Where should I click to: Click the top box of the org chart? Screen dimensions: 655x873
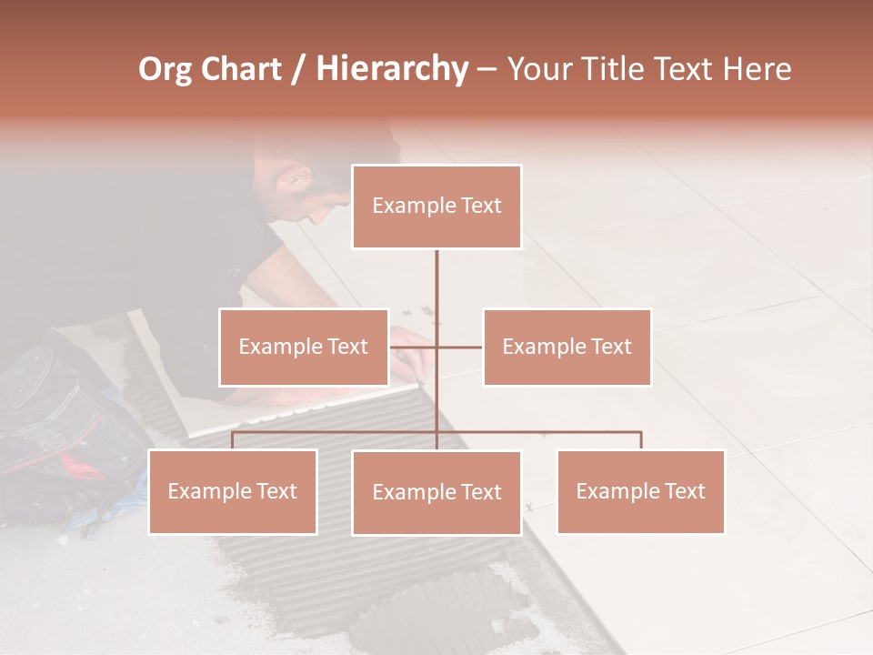pyautogui.click(x=436, y=207)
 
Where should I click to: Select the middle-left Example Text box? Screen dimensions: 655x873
pyautogui.click(x=303, y=347)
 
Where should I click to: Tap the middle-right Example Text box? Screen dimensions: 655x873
pyautogui.click(x=567, y=347)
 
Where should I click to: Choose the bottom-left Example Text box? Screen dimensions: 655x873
pyautogui.click(x=232, y=491)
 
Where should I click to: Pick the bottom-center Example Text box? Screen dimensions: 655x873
pyautogui.click(x=436, y=492)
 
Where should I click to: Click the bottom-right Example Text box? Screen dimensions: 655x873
pyautogui.click(x=640, y=491)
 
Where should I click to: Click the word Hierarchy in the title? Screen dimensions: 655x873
pyautogui.click(x=391, y=69)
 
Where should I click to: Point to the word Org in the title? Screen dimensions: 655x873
pyautogui.click(x=166, y=69)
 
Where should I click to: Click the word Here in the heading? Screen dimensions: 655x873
pyautogui.click(x=758, y=69)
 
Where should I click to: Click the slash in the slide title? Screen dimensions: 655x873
pyautogui.click(x=298, y=70)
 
